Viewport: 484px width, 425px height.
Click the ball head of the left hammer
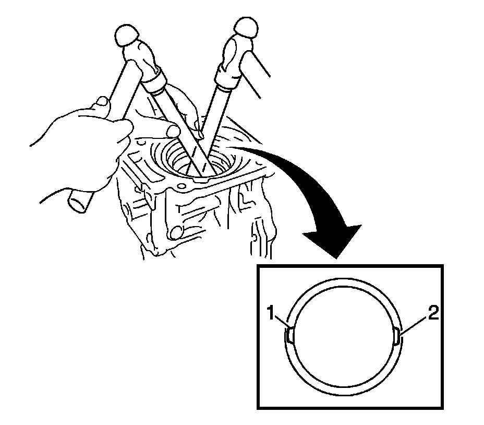(x=128, y=36)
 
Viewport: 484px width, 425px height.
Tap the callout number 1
(x=270, y=314)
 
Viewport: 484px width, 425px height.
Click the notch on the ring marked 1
(x=289, y=335)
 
